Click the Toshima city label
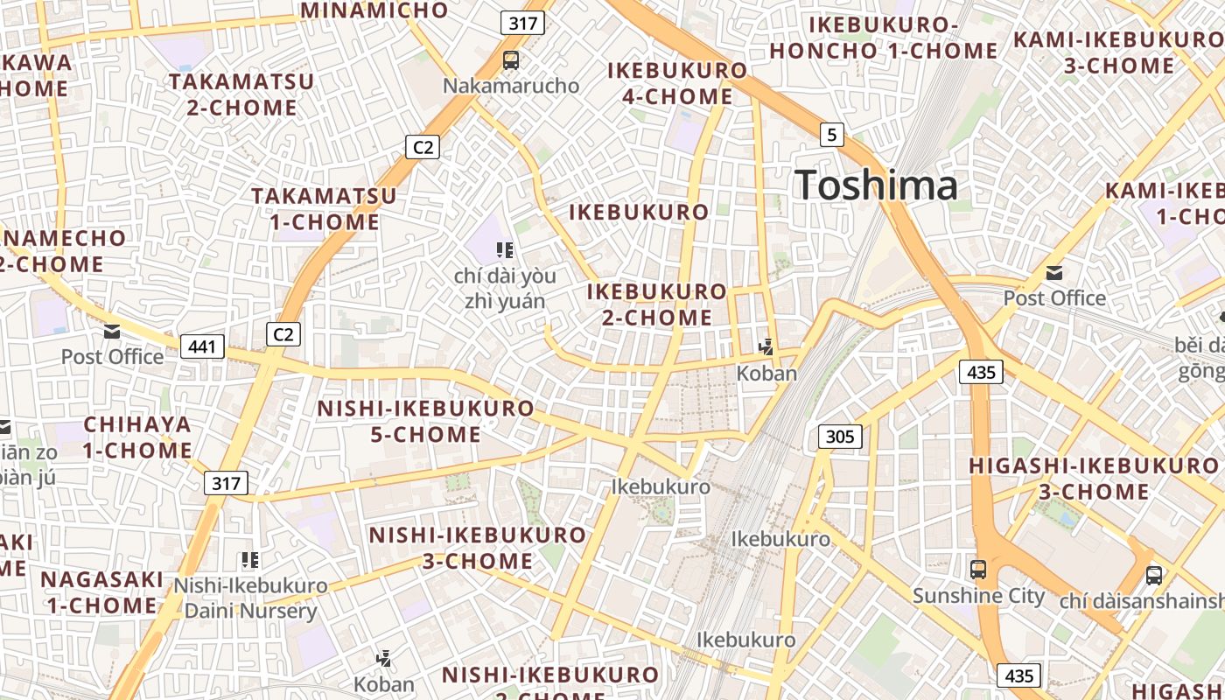(x=876, y=185)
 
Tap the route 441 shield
(x=202, y=346)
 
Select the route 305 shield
(x=840, y=436)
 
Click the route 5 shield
(x=831, y=135)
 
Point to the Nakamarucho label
(x=511, y=86)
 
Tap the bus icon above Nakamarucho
(x=511, y=60)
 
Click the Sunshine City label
(x=978, y=596)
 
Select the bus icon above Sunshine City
(x=978, y=570)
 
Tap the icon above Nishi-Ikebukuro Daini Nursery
(x=250, y=560)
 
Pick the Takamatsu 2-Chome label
(x=241, y=94)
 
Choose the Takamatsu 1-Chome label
(x=324, y=208)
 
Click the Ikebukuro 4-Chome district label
(x=677, y=83)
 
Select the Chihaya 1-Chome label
(x=137, y=437)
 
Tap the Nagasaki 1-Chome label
(x=102, y=591)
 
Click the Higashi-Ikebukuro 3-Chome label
(x=1093, y=478)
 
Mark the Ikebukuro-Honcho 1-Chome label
(x=883, y=38)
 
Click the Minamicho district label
(x=374, y=10)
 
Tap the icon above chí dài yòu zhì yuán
(x=504, y=251)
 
